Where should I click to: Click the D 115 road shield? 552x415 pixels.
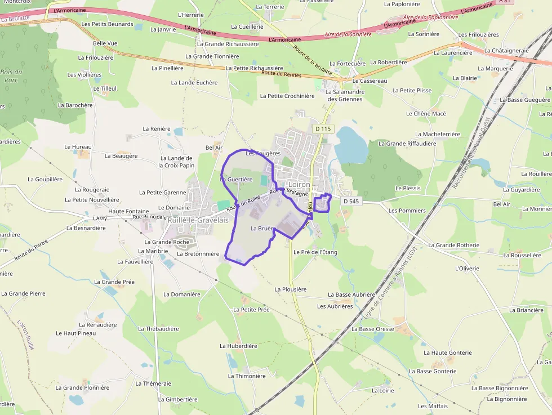(323, 129)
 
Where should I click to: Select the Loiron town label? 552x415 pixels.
(299, 184)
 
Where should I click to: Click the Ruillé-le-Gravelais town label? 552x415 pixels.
(198, 220)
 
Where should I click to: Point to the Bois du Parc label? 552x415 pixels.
(11, 75)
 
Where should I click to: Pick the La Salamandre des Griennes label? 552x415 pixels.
(346, 95)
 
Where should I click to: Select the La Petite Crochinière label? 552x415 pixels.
(287, 96)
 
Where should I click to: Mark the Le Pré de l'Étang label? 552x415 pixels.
(315, 252)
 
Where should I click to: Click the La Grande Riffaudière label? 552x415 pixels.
(407, 144)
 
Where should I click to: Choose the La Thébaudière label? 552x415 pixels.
(158, 328)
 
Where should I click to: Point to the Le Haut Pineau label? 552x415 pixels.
(75, 333)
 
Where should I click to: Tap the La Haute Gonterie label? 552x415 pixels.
(448, 352)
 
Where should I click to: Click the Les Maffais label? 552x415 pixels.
(433, 406)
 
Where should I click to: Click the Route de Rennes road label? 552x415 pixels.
(281, 74)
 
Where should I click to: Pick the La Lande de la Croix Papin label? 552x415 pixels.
(176, 162)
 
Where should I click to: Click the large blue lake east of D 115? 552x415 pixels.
(351, 145)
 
